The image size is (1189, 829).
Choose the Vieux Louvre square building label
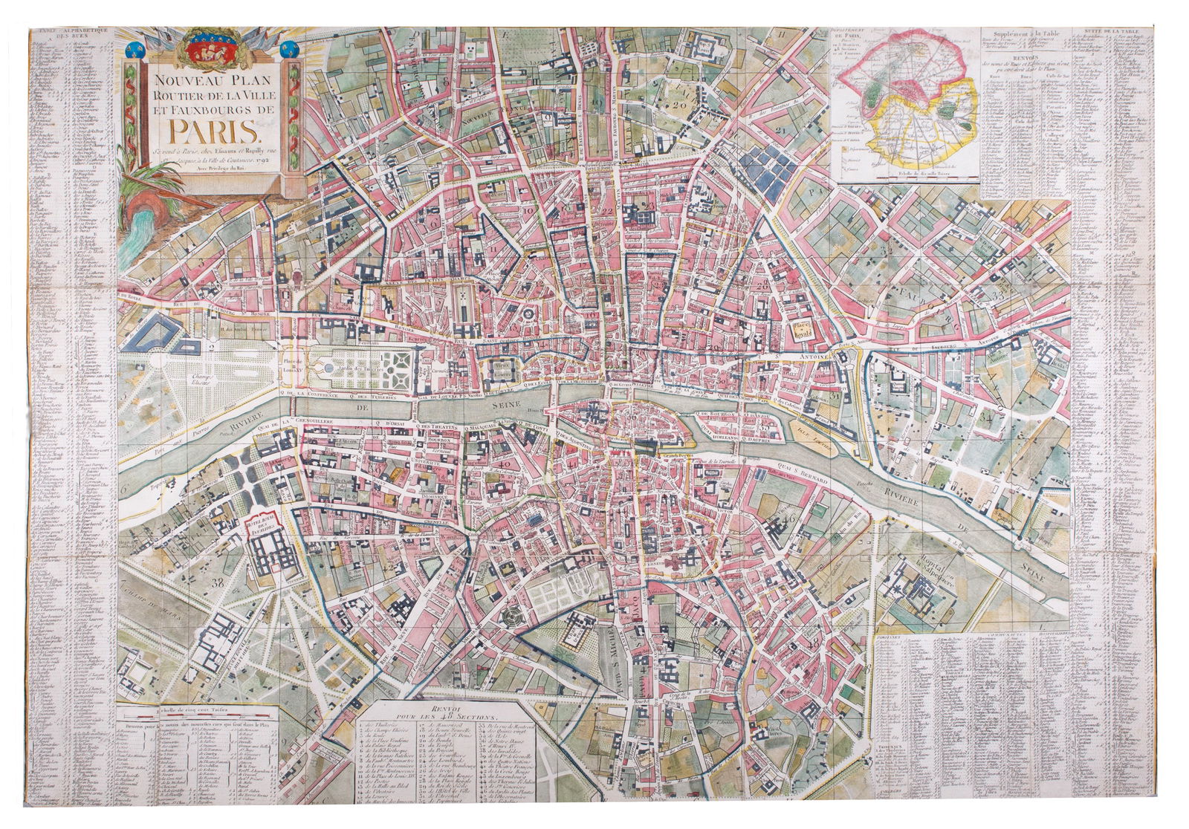(x=503, y=366)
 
